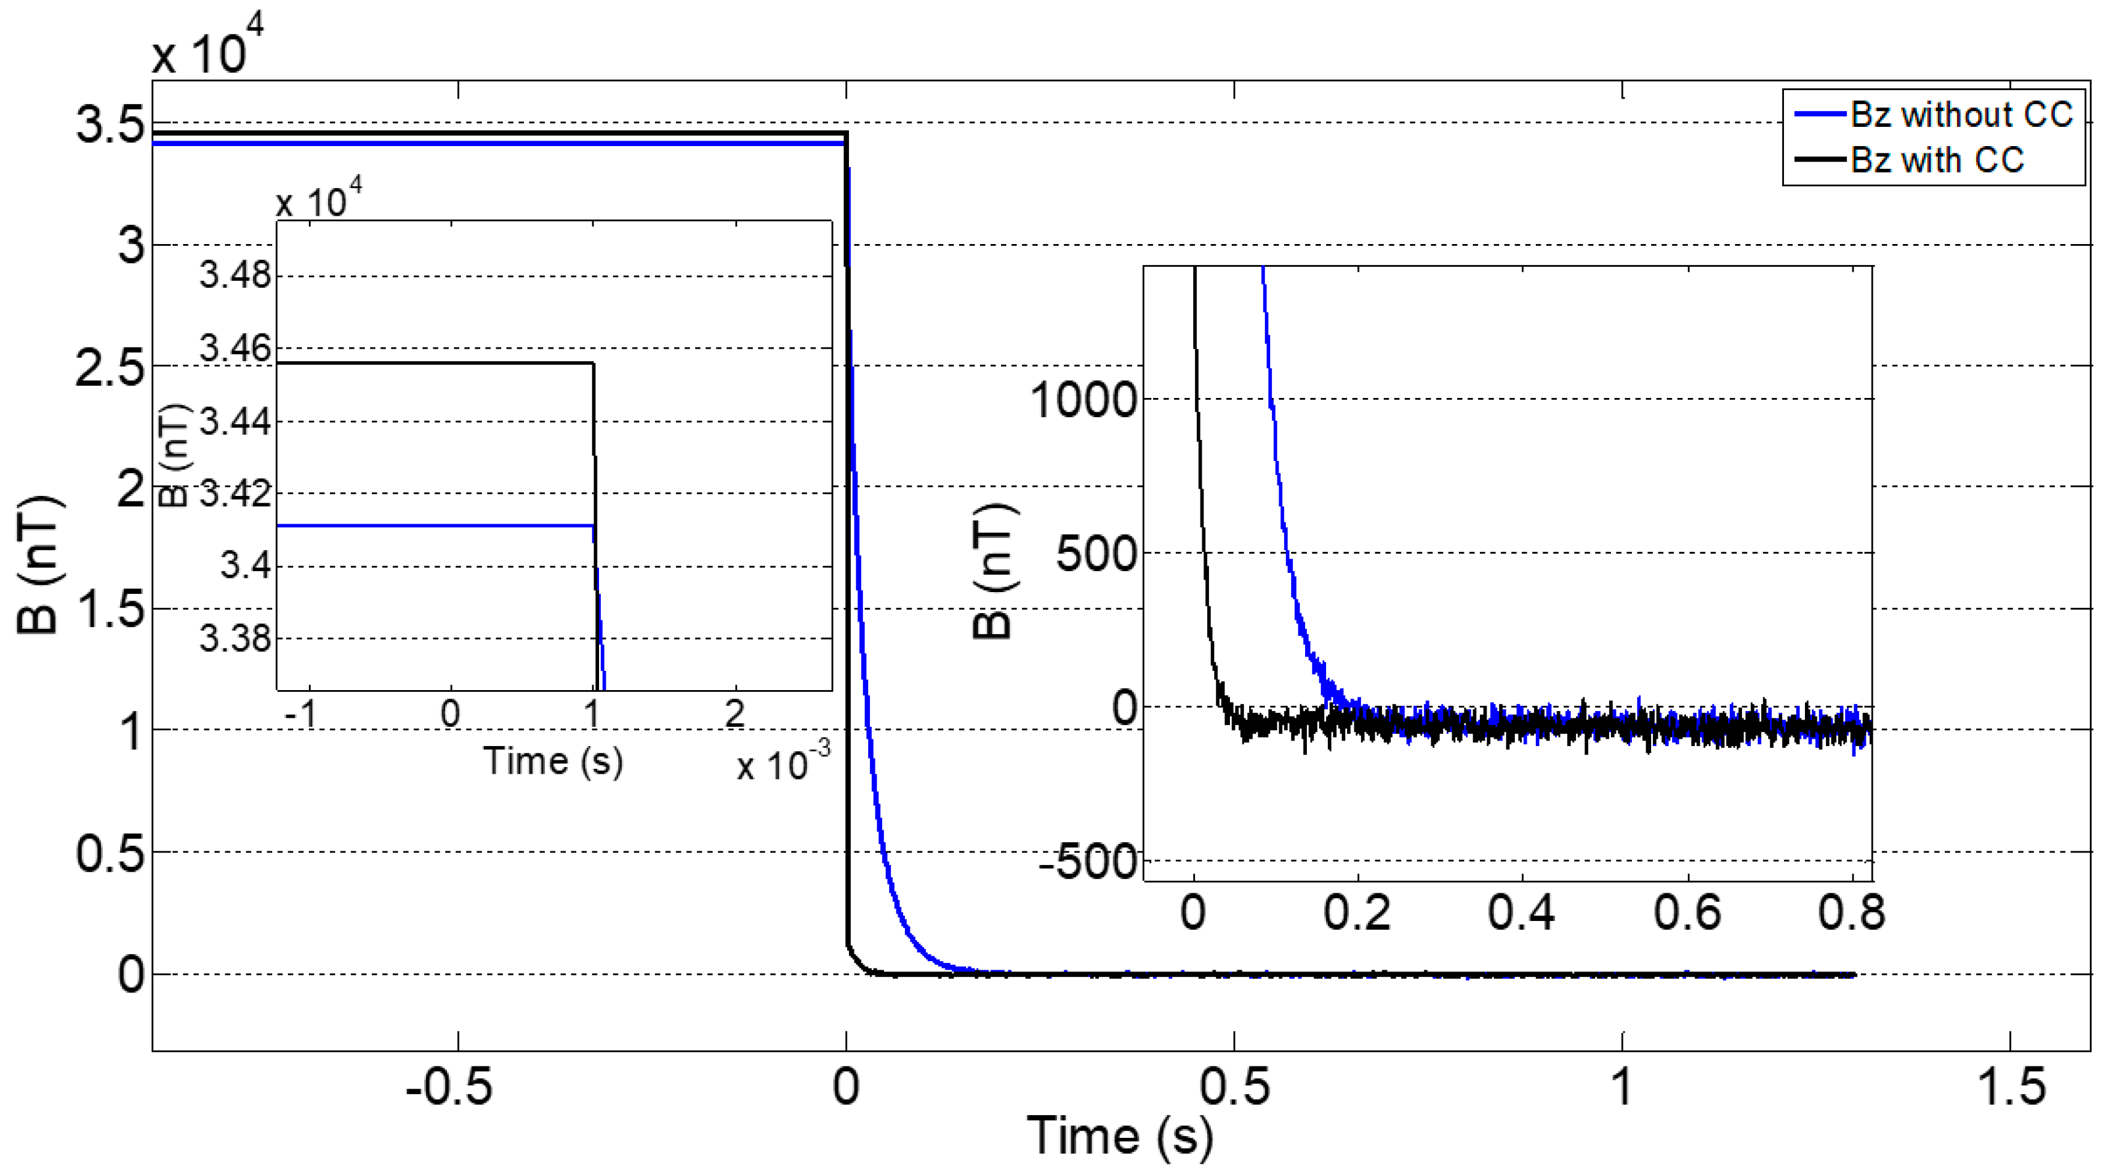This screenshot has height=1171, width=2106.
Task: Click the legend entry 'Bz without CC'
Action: pyautogui.click(x=1961, y=115)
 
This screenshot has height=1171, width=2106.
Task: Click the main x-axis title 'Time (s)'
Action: pyautogui.click(x=1119, y=1137)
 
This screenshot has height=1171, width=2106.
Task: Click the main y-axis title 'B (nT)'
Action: pyautogui.click(x=38, y=564)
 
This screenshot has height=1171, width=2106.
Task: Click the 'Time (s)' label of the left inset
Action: pyautogui.click(x=553, y=760)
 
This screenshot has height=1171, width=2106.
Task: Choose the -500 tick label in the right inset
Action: pyautogui.click(x=1088, y=862)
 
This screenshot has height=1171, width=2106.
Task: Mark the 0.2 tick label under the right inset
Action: pyautogui.click(x=1357, y=913)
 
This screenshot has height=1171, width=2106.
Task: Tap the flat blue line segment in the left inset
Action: pyautogui.click(x=433, y=525)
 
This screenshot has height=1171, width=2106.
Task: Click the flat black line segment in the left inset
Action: pyautogui.click(x=433, y=363)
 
